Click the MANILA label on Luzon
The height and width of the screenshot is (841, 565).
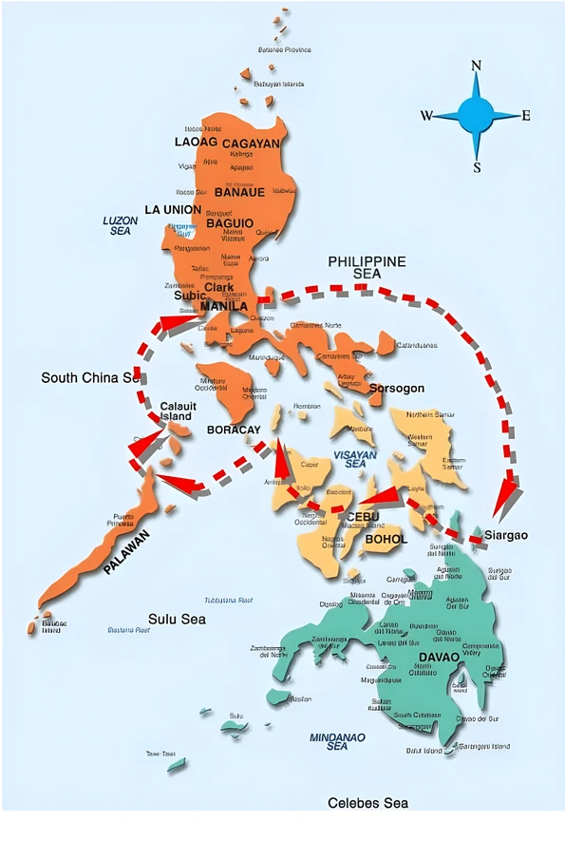coord(225,306)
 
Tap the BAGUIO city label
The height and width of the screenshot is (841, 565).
coord(230,223)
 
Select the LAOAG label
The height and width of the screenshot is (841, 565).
coord(197,142)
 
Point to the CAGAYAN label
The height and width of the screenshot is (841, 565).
coord(251,143)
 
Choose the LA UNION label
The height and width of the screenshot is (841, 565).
coord(173,209)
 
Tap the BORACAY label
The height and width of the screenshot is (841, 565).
coord(234,430)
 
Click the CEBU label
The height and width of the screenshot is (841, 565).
coord(364,517)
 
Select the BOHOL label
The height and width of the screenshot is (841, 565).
coord(386,539)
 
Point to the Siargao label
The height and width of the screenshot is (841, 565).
coord(506,536)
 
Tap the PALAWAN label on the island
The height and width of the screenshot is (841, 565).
coord(126,551)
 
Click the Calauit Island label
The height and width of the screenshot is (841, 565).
coord(178,411)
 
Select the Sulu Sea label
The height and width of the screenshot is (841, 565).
coord(178,619)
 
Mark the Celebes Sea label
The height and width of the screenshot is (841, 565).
coord(367,803)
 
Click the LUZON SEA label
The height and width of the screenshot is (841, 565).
coord(121,225)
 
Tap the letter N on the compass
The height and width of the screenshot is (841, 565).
coord(477,66)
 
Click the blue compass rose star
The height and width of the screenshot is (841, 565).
coord(477,116)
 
